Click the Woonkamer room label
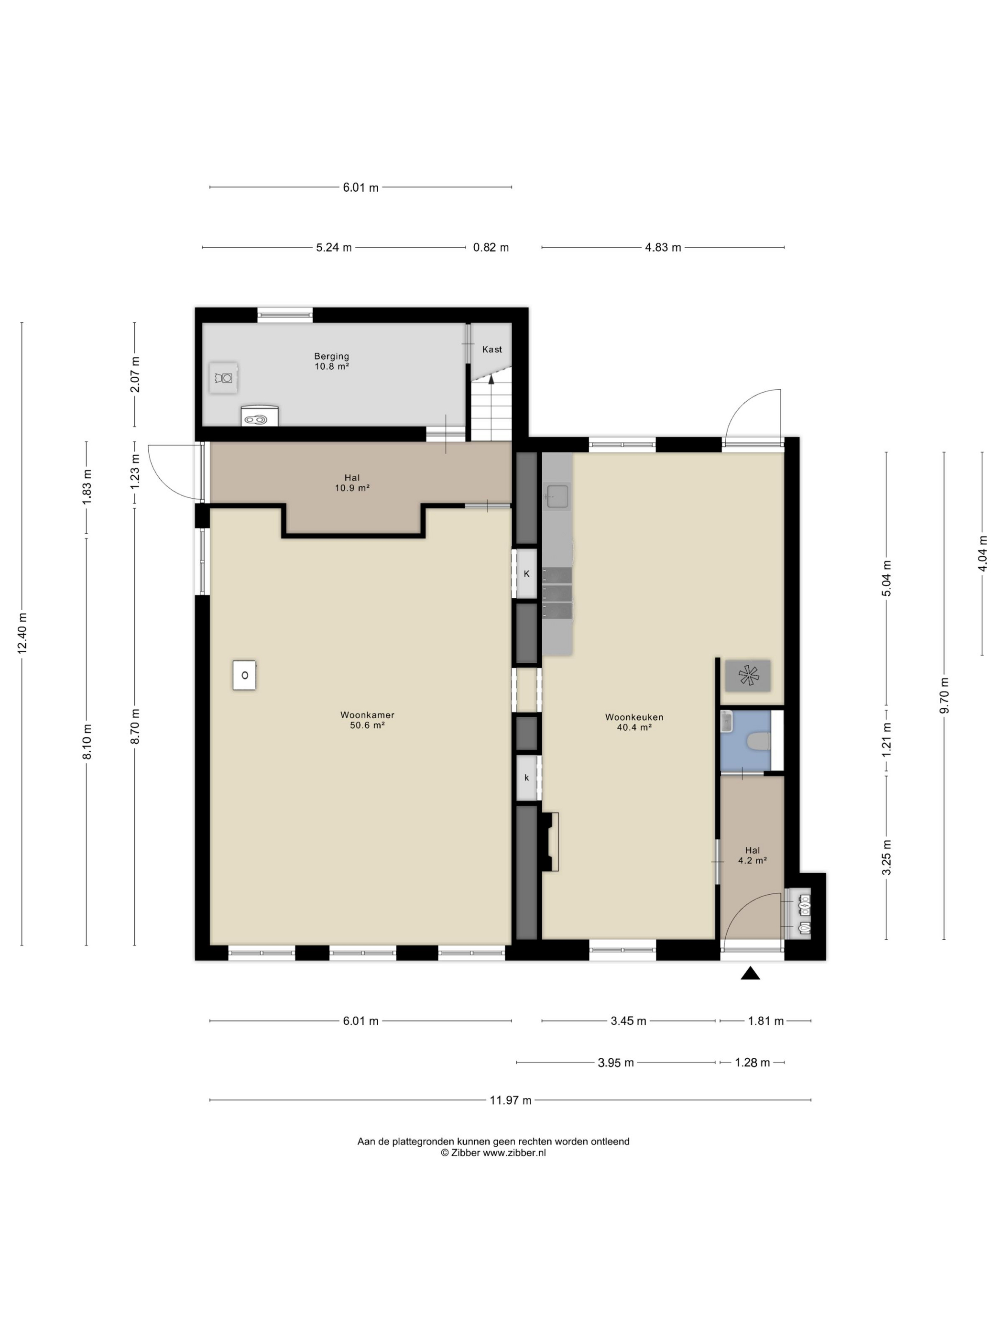pos(367,720)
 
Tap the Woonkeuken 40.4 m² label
pos(633,722)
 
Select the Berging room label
pos(331,362)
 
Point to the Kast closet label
pos(492,349)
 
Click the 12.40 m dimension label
pos(22,633)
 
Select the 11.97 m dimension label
pos(510,1100)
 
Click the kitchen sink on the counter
pos(557,496)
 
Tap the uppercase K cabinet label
pos(526,573)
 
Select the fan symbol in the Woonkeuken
pos(748,675)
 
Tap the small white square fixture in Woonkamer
pos(244,675)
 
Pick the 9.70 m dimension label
pos(944,695)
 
